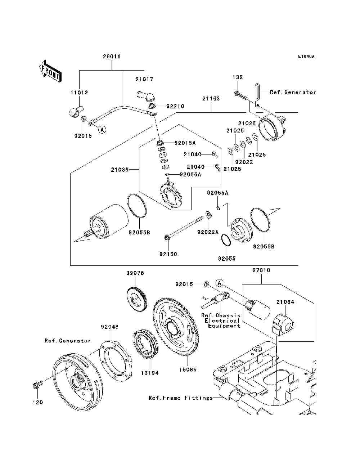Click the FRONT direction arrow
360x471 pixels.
point(50,71)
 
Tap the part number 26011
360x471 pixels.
point(112,57)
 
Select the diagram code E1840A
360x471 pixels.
point(306,57)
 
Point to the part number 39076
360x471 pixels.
point(135,273)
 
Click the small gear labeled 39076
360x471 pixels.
point(137,298)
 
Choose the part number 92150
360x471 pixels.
point(168,254)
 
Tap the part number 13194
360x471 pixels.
point(150,373)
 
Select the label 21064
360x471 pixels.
point(285,302)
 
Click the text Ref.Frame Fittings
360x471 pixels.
point(180,398)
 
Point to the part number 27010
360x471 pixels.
point(261,270)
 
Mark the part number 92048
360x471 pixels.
point(109,327)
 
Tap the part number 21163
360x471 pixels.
point(211,98)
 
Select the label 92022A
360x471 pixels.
point(208,232)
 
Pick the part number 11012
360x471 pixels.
point(79,93)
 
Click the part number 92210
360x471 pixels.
point(175,106)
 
